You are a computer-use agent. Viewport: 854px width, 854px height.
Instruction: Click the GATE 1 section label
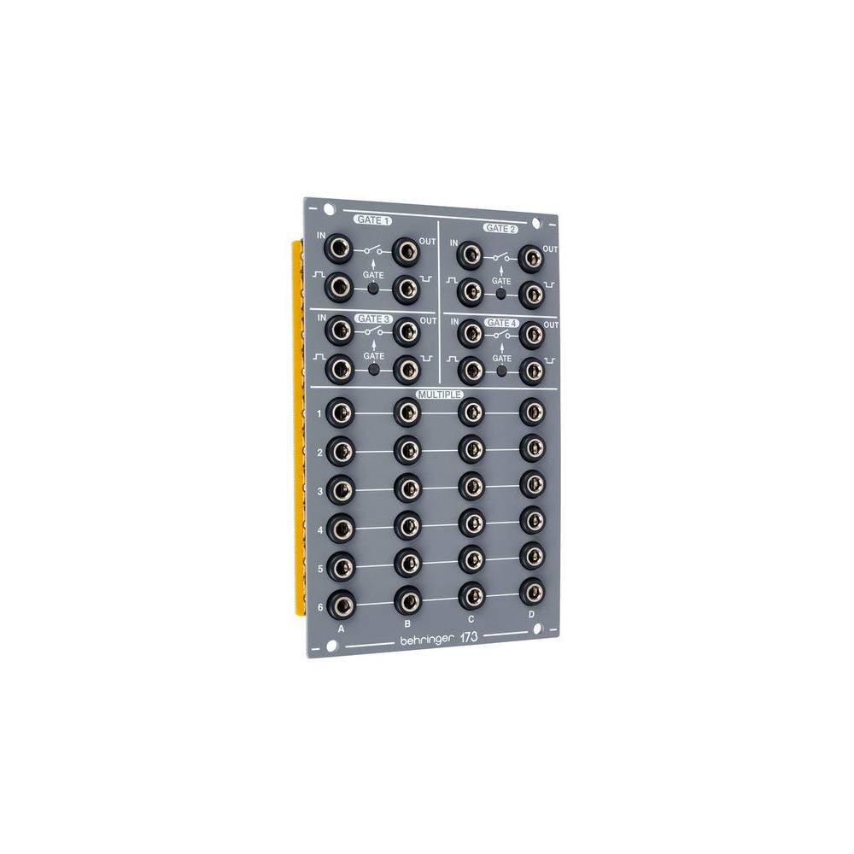click(x=372, y=220)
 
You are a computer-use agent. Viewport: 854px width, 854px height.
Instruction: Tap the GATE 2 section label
click(x=500, y=229)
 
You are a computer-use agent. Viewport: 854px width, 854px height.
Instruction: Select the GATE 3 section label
click(x=372, y=319)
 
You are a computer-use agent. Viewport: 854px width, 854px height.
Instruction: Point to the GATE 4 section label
click(x=500, y=323)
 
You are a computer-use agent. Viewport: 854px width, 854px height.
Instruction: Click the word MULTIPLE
click(x=439, y=395)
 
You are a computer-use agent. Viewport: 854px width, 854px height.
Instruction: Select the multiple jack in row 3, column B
click(x=407, y=487)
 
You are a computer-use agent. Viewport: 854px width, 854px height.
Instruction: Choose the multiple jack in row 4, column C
click(x=471, y=521)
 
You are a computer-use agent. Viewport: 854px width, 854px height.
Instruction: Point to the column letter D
click(x=531, y=614)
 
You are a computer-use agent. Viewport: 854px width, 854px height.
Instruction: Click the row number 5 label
click(x=320, y=568)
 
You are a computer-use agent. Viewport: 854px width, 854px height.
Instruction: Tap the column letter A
click(x=341, y=628)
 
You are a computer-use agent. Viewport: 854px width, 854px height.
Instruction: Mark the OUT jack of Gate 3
click(x=407, y=330)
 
